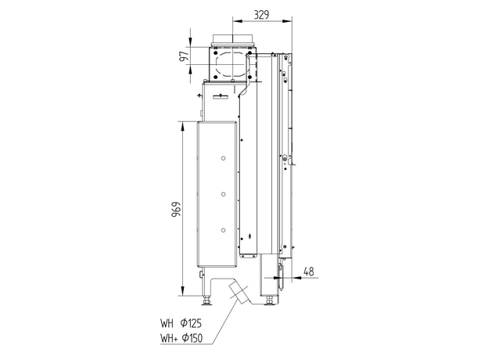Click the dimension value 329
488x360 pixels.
261,15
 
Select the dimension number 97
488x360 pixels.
185,56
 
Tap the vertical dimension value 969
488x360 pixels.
176,209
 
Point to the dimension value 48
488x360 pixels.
308,272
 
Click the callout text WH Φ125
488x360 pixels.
181,323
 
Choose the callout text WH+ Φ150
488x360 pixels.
181,337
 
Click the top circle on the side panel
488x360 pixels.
223,158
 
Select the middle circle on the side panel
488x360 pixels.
223,194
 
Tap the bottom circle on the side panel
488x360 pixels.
223,230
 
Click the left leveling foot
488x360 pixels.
206,301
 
